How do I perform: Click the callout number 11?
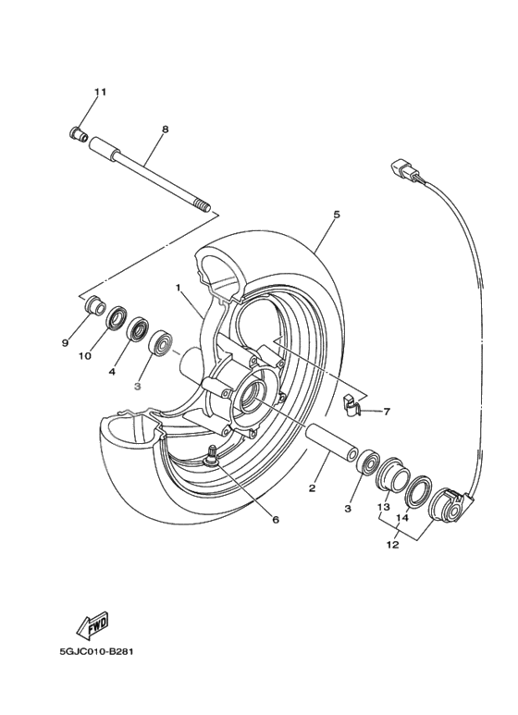(100, 92)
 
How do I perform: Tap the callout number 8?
(165, 129)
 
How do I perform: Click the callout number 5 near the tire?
(337, 215)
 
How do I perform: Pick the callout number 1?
(177, 289)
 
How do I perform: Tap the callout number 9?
(66, 343)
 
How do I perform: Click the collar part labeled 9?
(93, 304)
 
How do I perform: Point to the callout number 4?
(112, 371)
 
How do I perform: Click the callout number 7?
(387, 412)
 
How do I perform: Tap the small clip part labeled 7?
(349, 403)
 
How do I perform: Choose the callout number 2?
(313, 487)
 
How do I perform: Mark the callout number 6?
(275, 519)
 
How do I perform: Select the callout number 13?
(383, 507)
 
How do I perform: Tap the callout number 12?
(392, 546)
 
